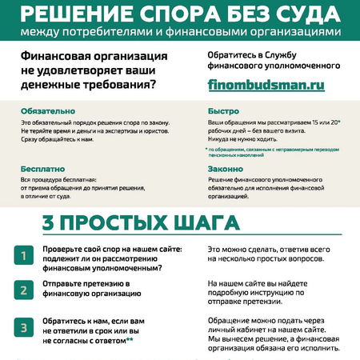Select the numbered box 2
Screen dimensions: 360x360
pyautogui.click(x=24, y=289)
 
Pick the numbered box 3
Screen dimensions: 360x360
pyautogui.click(x=24, y=327)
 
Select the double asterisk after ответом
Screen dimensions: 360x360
pyautogui.click(x=130, y=339)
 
